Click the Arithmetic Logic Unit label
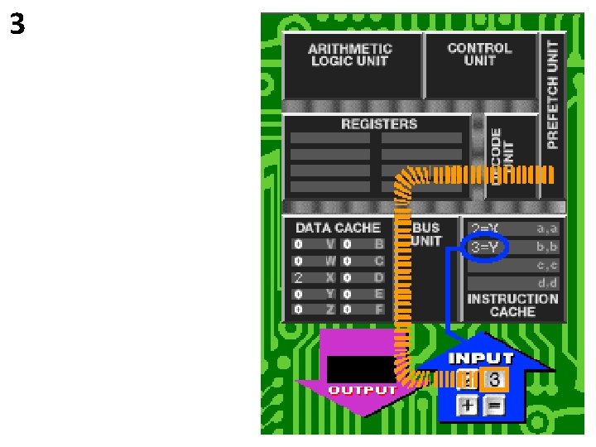(x=350, y=55)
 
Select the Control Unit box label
(x=479, y=54)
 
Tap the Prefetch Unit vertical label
(x=553, y=96)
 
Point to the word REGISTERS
(x=379, y=124)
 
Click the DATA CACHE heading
(x=338, y=228)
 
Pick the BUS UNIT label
(x=426, y=233)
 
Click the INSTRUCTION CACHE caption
(x=513, y=305)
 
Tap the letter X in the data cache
(x=329, y=277)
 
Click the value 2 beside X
(x=298, y=277)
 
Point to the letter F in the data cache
(x=379, y=310)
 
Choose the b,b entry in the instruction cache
(x=547, y=247)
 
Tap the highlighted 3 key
(x=494, y=380)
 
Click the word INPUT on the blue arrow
(x=480, y=358)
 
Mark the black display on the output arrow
(x=358, y=369)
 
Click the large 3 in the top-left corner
(x=17, y=26)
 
